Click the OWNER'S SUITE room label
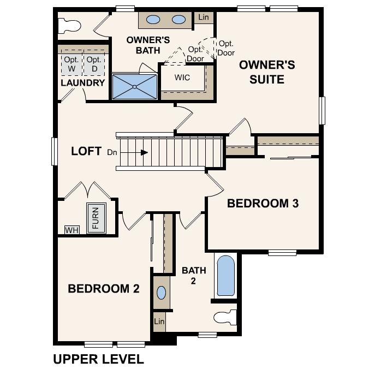tap(267, 72)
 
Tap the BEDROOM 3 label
tap(263, 203)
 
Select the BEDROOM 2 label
tap(104, 288)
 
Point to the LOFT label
tap(86, 151)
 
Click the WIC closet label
tap(182, 78)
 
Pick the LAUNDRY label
tap(83, 83)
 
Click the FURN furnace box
tap(96, 218)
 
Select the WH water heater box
tap(72, 230)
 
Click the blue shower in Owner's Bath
tap(135, 87)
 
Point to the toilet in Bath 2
tap(225, 318)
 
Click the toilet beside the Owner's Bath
tap(69, 26)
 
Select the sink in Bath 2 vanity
tap(161, 293)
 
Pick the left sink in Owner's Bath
tap(153, 20)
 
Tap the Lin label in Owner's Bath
tap(204, 17)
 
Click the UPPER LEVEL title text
tap(99, 359)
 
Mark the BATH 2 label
tap(194, 276)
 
